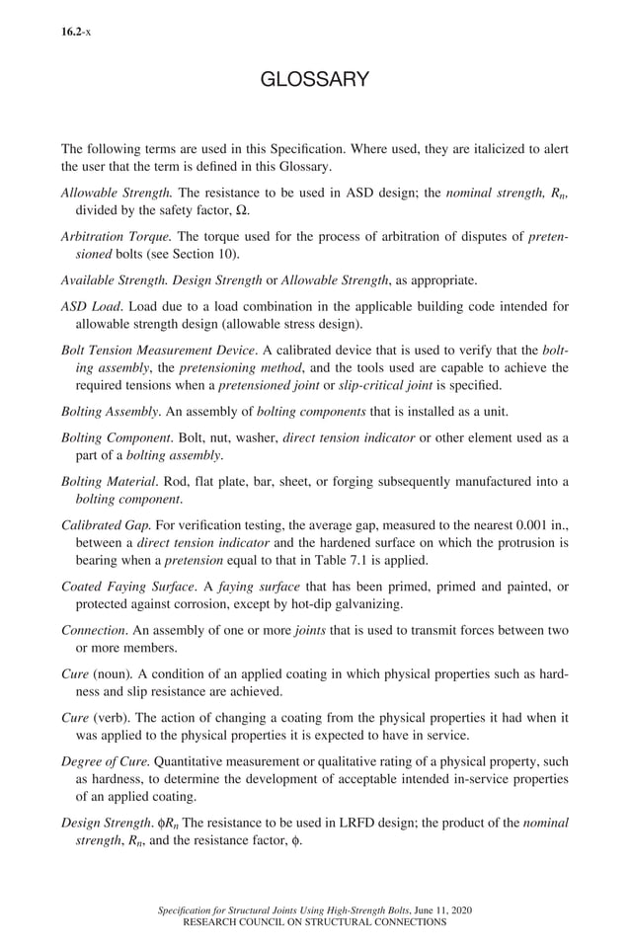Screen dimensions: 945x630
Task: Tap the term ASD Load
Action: point(92,306)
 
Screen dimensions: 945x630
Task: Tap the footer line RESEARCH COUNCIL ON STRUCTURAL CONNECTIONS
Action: point(315,921)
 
